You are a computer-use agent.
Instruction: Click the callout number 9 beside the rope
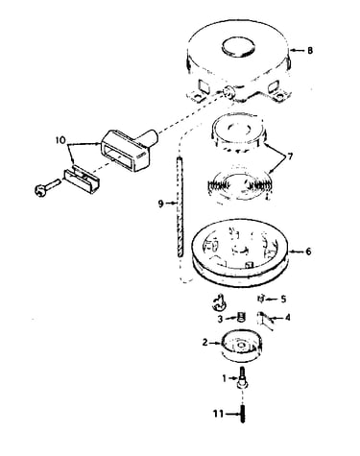[161, 204]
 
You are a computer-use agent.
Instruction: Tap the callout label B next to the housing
[309, 50]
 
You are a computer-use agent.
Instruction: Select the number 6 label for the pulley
[308, 252]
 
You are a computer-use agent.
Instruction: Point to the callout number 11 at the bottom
[218, 414]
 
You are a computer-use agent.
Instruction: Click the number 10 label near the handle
[61, 140]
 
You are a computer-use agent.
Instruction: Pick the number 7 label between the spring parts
[290, 157]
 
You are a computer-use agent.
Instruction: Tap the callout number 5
[283, 300]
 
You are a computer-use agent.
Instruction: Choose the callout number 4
[287, 318]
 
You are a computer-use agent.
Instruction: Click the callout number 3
[220, 319]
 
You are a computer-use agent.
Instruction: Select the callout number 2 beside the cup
[205, 343]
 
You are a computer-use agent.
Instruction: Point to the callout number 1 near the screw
[224, 378]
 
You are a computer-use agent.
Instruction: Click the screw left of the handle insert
[47, 187]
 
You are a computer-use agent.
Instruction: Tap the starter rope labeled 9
[180, 206]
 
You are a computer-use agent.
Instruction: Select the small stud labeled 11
[243, 415]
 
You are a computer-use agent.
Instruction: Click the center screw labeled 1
[242, 378]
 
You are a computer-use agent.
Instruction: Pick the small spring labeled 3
[242, 318]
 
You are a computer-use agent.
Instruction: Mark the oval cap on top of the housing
[239, 46]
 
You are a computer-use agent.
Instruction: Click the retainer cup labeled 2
[242, 348]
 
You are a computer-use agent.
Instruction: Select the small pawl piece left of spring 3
[219, 302]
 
